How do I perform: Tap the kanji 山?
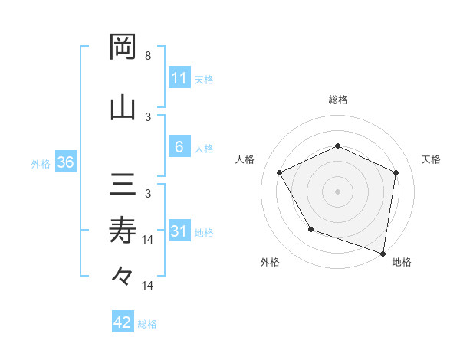tap(123, 106)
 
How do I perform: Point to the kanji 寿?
tap(123, 228)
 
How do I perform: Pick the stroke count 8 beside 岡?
tap(148, 56)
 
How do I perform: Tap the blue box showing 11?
tap(179, 78)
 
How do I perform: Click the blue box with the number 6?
tap(179, 148)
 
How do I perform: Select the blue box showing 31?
tap(179, 232)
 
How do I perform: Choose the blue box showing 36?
tap(65, 163)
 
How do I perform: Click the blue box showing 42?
tap(123, 322)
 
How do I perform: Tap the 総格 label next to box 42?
tap(148, 324)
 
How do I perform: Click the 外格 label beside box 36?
tap(41, 164)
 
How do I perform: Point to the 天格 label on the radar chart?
tap(432, 159)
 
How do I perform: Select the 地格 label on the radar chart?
tap(402, 262)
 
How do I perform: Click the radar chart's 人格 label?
tap(245, 159)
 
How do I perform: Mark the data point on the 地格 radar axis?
tap(383, 253)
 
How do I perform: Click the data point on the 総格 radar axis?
tap(337, 146)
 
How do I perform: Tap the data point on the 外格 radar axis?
tap(310, 229)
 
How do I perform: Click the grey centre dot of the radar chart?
tap(337, 191)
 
